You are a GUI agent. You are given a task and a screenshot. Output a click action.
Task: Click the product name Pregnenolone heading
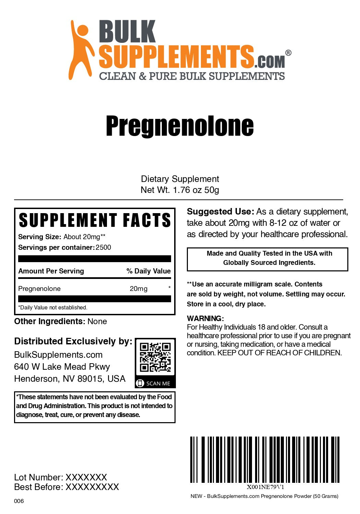[180, 126]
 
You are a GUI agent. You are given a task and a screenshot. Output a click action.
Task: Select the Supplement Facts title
[95, 220]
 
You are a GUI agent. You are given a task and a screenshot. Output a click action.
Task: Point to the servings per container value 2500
[103, 247]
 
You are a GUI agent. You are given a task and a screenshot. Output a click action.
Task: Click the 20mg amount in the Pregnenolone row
[139, 289]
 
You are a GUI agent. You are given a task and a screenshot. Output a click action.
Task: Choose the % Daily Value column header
[148, 271]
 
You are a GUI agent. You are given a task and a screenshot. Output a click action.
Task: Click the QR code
[155, 357]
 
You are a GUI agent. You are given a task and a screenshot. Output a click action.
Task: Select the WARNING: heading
[205, 318]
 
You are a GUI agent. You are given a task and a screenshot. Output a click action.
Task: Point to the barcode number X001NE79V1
[265, 487]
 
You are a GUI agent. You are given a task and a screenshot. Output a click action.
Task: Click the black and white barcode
[265, 460]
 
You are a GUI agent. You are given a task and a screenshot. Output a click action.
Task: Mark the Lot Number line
[61, 477]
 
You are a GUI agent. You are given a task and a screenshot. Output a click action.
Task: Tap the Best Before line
[67, 487]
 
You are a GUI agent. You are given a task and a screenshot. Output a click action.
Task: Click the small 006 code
[19, 501]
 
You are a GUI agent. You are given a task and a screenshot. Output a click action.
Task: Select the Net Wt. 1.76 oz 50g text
[180, 190]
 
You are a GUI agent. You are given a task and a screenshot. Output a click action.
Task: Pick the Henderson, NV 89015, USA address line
[70, 379]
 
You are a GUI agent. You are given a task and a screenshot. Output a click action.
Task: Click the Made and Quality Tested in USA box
[267, 258]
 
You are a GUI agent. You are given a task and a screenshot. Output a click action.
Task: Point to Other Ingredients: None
[60, 321]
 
